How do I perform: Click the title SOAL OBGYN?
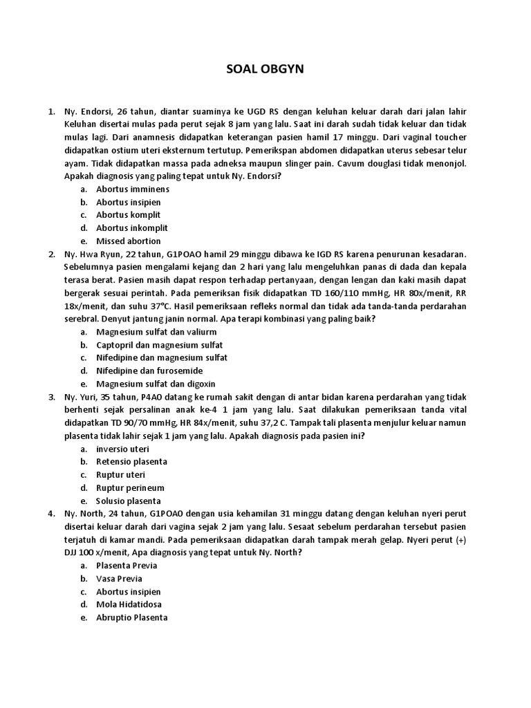pos(265,69)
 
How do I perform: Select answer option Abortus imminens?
pos(133,189)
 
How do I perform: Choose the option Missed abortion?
pos(129,241)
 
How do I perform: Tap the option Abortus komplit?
pos(129,215)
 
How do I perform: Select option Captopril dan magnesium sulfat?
pos(160,344)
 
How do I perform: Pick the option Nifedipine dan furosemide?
pos(149,371)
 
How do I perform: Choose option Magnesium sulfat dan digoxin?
pos(156,384)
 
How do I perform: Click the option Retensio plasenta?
pos(131,461)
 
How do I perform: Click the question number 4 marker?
pos(50,514)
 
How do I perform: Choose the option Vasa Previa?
pos(120,579)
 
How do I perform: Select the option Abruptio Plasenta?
pos(132,617)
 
